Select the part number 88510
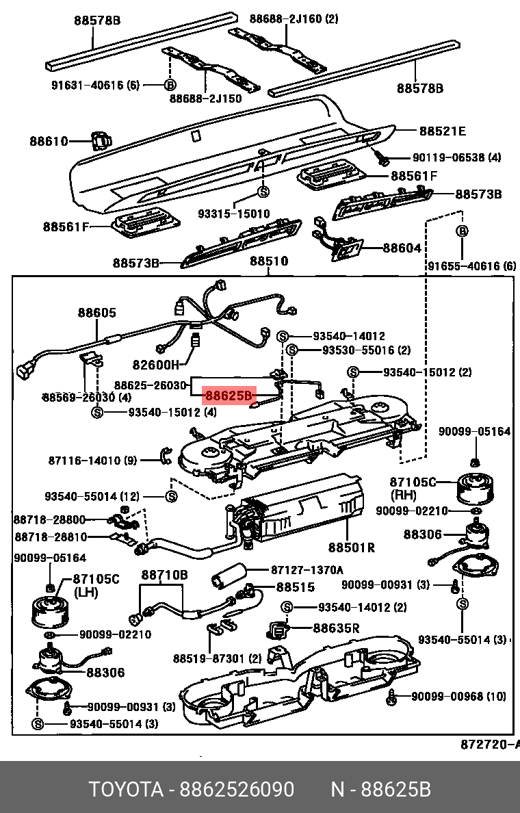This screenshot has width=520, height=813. pyautogui.click(x=268, y=261)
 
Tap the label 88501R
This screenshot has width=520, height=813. pyautogui.click(x=352, y=547)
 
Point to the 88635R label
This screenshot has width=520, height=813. pyautogui.click(x=337, y=628)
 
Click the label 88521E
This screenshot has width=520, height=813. pyautogui.click(x=442, y=131)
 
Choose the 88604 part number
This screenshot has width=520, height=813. pyautogui.click(x=402, y=248)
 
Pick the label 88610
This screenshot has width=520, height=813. pyautogui.click(x=49, y=142)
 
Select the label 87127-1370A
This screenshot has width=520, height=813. pyautogui.click(x=307, y=569)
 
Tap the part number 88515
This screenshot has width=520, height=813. pyautogui.click(x=296, y=587)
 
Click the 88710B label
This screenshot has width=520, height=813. pyautogui.click(x=164, y=575)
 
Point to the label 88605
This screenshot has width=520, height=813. pyautogui.click(x=96, y=313)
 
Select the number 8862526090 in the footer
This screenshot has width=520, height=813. pyautogui.click(x=237, y=790)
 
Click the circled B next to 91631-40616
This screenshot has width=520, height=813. pyautogui.click(x=170, y=85)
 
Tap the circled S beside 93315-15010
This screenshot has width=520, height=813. pyautogui.click(x=263, y=191)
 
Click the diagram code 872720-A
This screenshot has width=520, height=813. pyautogui.click(x=490, y=744)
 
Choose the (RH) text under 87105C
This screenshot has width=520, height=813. pyautogui.click(x=403, y=495)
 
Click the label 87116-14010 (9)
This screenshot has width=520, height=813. pyautogui.click(x=93, y=461)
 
